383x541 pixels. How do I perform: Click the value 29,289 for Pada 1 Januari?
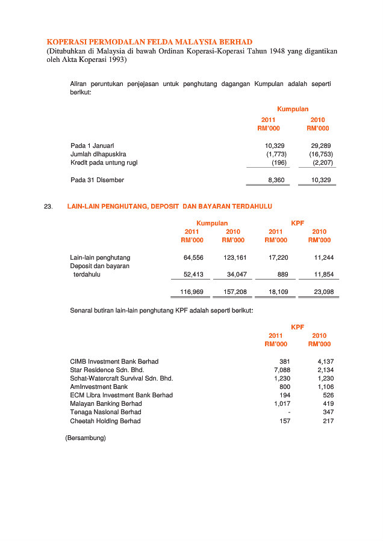pyautogui.click(x=320, y=146)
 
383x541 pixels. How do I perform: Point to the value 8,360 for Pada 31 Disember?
pyautogui.click(x=276, y=180)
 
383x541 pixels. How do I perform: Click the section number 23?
pyautogui.click(x=49, y=207)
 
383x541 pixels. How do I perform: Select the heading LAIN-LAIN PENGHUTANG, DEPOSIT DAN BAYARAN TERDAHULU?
pyautogui.click(x=169, y=207)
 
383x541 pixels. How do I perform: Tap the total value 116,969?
pyautogui.click(x=192, y=292)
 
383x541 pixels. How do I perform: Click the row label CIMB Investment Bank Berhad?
pyautogui.click(x=114, y=362)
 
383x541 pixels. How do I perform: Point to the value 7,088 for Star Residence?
pyautogui.click(x=282, y=370)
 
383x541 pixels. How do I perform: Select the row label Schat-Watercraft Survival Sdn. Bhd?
pyautogui.click(x=121, y=379)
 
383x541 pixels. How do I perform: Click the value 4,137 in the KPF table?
pyautogui.click(x=325, y=362)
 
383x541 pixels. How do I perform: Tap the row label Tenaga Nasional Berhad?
pyautogui.click(x=105, y=412)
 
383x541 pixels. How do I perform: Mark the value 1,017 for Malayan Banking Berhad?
pyautogui.click(x=282, y=404)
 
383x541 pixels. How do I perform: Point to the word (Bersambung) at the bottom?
pyautogui.click(x=85, y=438)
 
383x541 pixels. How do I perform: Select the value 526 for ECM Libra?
pyautogui.click(x=328, y=396)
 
